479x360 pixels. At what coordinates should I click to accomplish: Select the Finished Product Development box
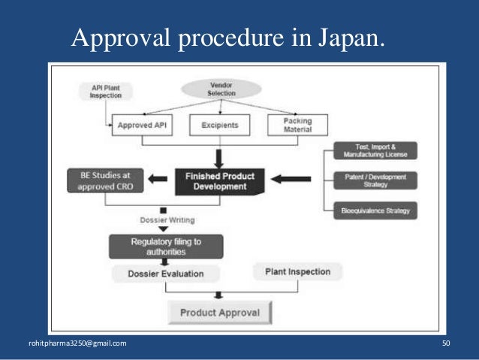tap(220, 180)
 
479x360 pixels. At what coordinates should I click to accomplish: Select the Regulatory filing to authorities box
tap(166, 246)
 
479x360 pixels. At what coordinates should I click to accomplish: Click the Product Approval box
tap(220, 312)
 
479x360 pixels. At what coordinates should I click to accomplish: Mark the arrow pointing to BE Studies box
tap(155, 180)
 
